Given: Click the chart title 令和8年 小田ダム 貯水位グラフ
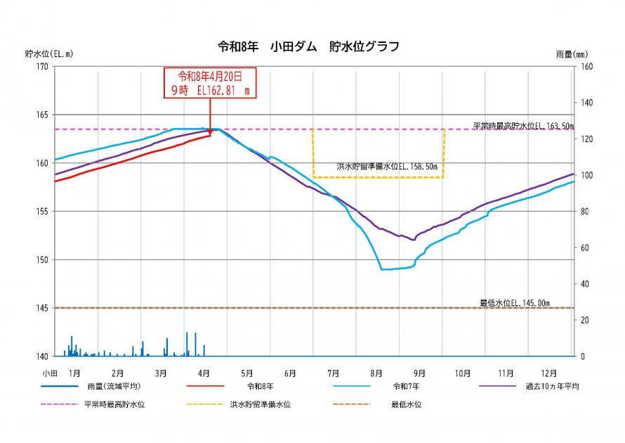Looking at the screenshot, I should pos(309,47).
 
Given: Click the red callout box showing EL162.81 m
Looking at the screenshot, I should pos(210,83).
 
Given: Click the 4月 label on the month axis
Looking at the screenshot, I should pos(204,372).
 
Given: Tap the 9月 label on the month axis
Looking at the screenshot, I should pos(419,372).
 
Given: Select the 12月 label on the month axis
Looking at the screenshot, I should pos(548,372).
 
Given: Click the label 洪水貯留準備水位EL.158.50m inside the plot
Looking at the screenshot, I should pos(387,167).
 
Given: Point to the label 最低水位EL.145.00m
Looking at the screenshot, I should pos(515,303).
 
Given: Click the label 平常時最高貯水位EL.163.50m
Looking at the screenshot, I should pos(523,126).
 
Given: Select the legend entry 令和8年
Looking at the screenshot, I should pos(261,386).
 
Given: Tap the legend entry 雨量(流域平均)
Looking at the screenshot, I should pos(114,386).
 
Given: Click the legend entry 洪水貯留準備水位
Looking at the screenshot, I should pos(261,404).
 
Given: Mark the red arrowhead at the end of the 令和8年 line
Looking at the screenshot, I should pos(210,131).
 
